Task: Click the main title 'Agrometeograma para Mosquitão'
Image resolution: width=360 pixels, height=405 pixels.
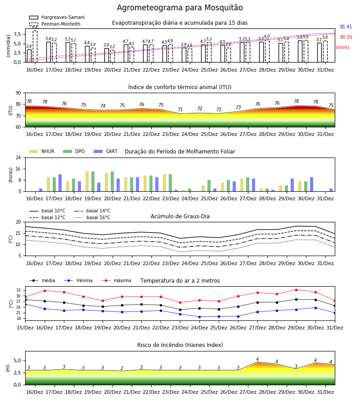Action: pos(180,8)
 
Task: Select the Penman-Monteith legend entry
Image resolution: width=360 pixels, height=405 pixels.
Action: pos(55,24)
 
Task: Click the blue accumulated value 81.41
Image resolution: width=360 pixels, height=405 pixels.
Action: pos(346,27)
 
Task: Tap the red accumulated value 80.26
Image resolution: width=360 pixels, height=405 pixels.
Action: pos(346,37)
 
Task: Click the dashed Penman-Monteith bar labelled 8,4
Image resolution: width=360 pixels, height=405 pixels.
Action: pos(35,46)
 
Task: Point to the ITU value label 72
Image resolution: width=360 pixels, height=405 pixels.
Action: pos(200,108)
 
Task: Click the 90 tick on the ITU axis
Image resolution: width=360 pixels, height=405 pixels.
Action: pos(18,93)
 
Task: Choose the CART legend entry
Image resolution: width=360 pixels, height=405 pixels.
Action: pos(105,151)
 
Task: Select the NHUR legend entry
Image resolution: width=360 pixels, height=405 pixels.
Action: pos(42,151)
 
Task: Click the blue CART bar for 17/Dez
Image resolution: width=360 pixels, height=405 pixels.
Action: pos(60,183)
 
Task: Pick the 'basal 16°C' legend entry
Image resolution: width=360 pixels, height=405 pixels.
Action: pos(92,218)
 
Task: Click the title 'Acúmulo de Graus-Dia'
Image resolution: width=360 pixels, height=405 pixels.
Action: pos(180,216)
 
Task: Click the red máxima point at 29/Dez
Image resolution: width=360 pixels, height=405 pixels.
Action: pos(296,290)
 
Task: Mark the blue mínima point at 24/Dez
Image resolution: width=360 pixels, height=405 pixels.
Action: pos(199,317)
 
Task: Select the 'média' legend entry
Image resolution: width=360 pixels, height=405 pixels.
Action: pos(42,280)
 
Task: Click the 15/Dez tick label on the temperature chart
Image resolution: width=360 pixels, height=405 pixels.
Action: pos(25,328)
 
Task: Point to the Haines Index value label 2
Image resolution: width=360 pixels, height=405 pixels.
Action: pos(122,368)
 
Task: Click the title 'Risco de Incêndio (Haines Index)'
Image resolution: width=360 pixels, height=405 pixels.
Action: pos(180,345)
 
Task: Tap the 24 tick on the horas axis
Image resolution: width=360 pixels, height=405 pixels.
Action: pos(18,157)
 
